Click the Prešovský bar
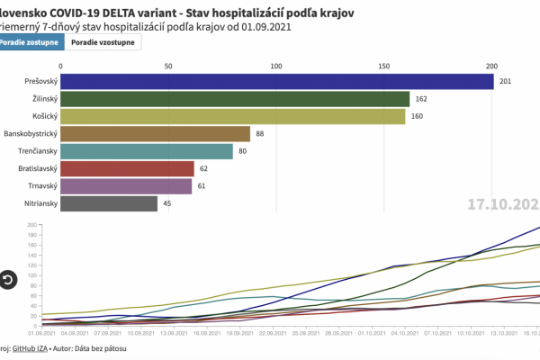pos(277,81)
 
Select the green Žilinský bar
pos(235,99)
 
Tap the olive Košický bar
pos(233,116)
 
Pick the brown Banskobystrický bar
pos(156,133)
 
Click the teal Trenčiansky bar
pos(147,151)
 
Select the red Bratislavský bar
pos(128,168)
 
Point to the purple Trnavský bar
pos(126,186)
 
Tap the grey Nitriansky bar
pos(109,203)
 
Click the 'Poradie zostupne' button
pos(31,42)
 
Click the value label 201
pos(506,82)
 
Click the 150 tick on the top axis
pos(384,67)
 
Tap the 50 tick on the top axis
pos(168,67)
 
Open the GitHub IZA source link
pos(32,347)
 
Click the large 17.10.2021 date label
pos(504,204)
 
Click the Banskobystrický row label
pos(29,133)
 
